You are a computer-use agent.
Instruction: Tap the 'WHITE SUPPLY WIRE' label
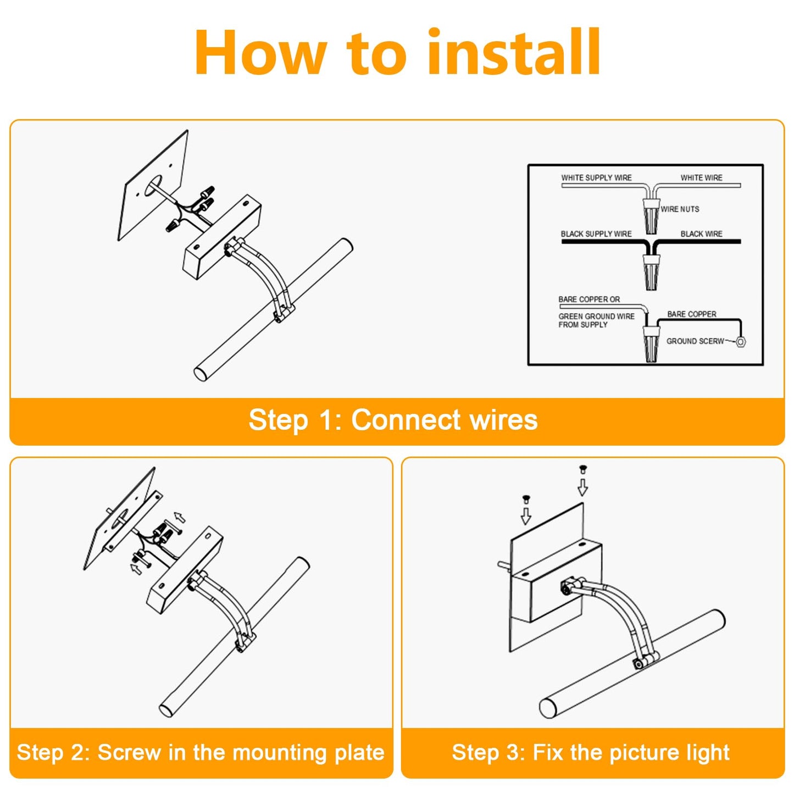pos(596,177)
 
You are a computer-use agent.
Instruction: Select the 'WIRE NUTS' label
pos(680,209)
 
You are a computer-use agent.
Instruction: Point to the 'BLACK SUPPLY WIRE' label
pos(596,234)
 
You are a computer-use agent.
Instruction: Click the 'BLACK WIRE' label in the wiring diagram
pos(701,234)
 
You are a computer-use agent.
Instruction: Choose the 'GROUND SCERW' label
pos(695,341)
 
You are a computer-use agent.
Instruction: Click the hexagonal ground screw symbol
pos(741,342)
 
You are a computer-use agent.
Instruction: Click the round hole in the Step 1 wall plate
pos(153,186)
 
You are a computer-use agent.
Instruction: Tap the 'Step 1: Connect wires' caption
pos(393,420)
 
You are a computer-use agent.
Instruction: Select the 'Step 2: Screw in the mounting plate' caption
pos(201,752)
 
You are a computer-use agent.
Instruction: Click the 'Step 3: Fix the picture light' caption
pos(591,752)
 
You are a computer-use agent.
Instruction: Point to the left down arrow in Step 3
pos(526,515)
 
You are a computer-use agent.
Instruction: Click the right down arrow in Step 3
pos(582,487)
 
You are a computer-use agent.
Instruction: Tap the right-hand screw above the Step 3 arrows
pos(583,470)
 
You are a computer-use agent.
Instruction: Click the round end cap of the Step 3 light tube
pos(548,708)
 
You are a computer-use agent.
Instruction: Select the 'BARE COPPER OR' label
pos(589,299)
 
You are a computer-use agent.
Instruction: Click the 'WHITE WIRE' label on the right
pos(701,177)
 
